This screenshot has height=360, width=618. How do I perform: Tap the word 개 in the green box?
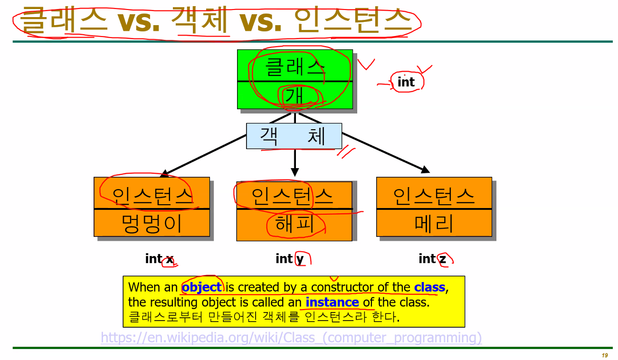pyautogui.click(x=295, y=96)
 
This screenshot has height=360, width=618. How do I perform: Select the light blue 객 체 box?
pyautogui.click(x=294, y=136)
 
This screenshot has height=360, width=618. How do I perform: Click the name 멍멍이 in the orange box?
pyautogui.click(x=152, y=223)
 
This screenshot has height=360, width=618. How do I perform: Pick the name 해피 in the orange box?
pyautogui.click(x=295, y=224)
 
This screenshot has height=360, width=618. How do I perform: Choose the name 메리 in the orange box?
pyautogui.click(x=434, y=223)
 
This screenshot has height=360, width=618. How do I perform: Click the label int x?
pyautogui.click(x=159, y=259)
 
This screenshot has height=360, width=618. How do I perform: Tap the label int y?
pyautogui.click(x=289, y=259)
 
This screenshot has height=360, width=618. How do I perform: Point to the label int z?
pyautogui.click(x=432, y=259)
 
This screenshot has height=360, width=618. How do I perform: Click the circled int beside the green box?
pyautogui.click(x=406, y=82)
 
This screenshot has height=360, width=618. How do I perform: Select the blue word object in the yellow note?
pyautogui.click(x=202, y=287)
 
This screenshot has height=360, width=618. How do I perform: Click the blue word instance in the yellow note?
pyautogui.click(x=332, y=303)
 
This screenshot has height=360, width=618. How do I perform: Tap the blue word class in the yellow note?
pyautogui.click(x=429, y=287)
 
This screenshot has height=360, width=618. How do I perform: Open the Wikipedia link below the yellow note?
pyautogui.click(x=291, y=338)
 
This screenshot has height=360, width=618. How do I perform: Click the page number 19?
pyautogui.click(x=605, y=356)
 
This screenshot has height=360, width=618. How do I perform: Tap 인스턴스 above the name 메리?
pyautogui.click(x=434, y=195)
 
